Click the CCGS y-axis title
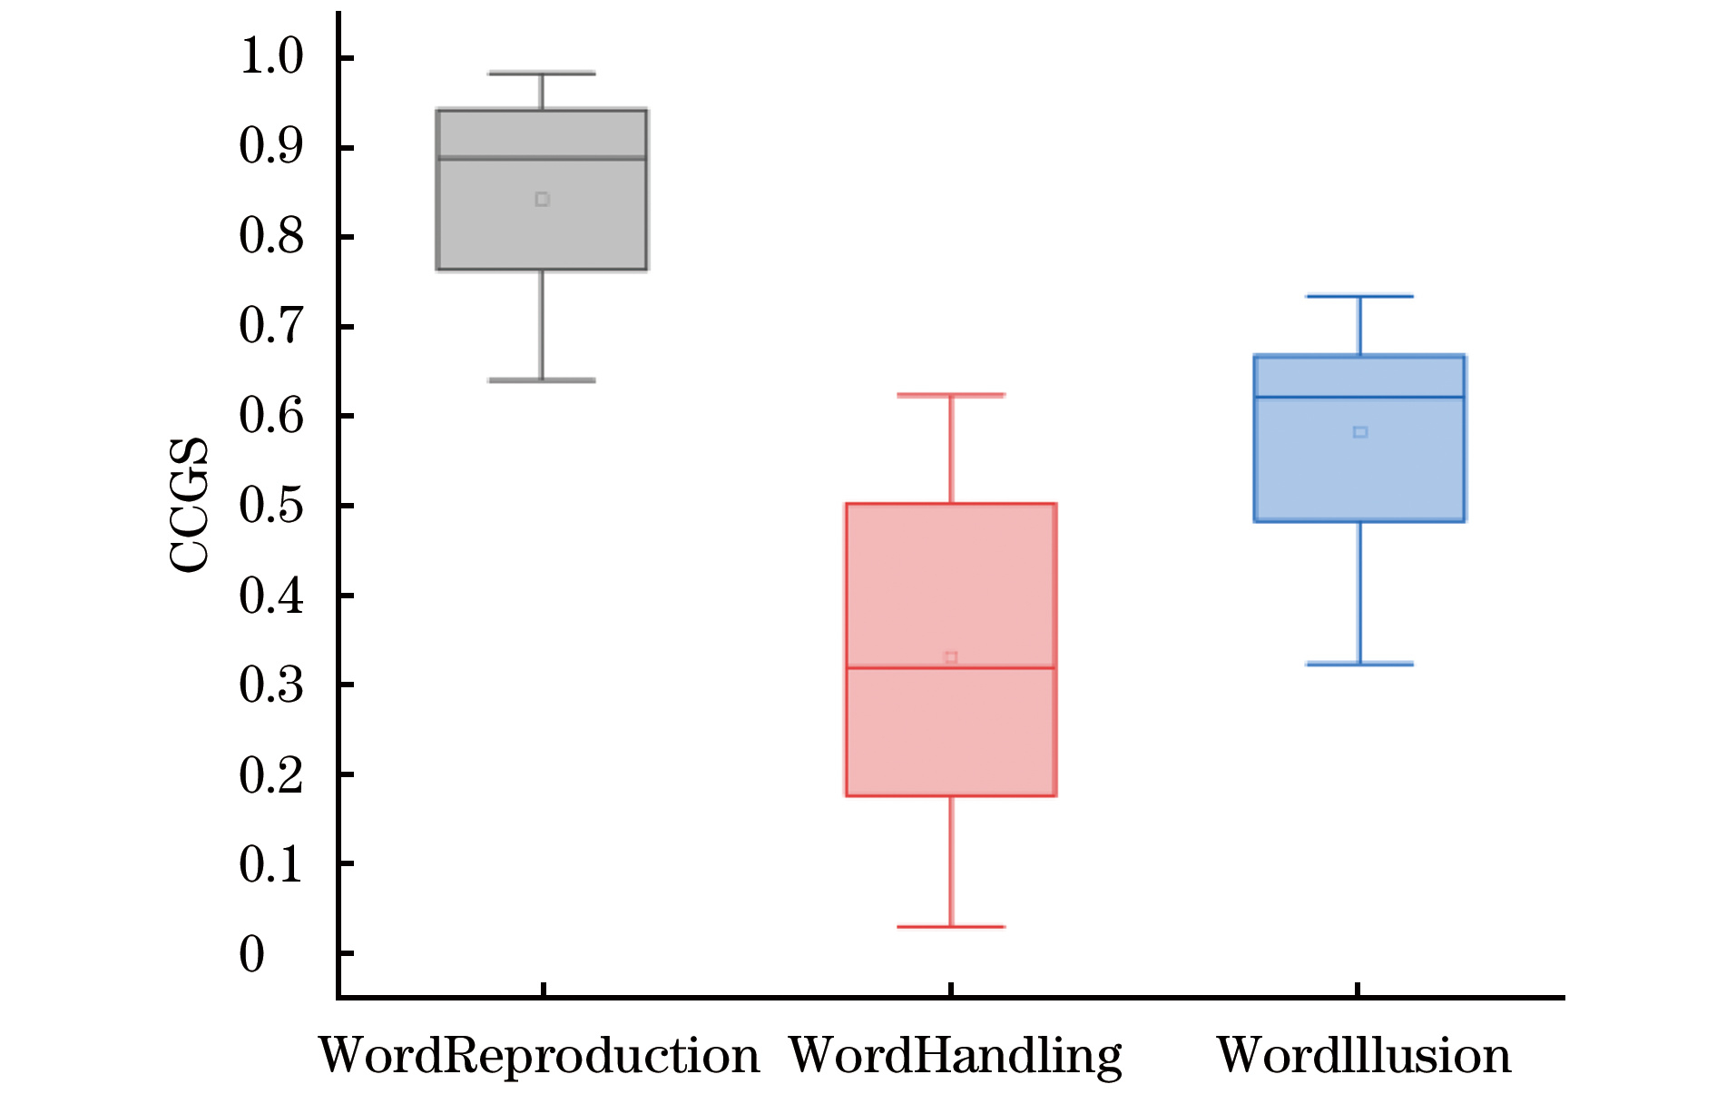190,505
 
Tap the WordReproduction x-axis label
539,1056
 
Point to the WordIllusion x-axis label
1363,1056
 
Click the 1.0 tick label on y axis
270,57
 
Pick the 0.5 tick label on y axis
270,506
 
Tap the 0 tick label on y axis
252,954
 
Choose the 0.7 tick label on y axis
270,326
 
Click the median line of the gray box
542,158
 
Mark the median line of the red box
951,668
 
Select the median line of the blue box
1359,398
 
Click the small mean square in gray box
542,200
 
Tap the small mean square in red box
951,657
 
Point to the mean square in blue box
1360,432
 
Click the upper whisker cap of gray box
542,73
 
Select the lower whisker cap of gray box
542,380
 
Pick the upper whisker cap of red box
951,395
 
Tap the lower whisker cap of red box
951,927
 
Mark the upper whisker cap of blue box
1359,296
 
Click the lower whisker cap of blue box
1359,665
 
